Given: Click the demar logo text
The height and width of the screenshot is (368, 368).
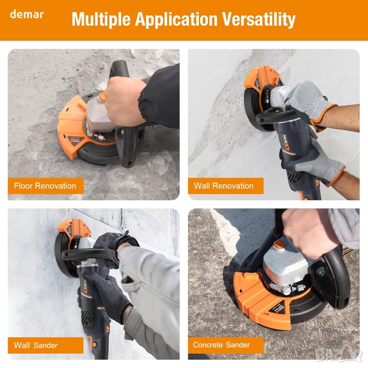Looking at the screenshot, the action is pos(27,14).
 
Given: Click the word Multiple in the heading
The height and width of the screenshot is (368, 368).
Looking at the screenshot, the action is pos(101,20).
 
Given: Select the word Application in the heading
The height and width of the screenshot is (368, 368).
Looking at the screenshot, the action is pos(176,20).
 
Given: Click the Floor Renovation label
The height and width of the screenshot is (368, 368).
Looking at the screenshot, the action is pos(45,186).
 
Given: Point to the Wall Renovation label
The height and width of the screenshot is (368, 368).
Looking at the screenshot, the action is pos(224,186).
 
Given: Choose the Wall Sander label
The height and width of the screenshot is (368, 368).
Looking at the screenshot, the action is pos(35,345).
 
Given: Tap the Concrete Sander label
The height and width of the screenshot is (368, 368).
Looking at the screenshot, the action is pos(221,345).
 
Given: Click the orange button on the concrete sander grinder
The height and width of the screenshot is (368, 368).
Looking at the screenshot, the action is pos(279,244).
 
